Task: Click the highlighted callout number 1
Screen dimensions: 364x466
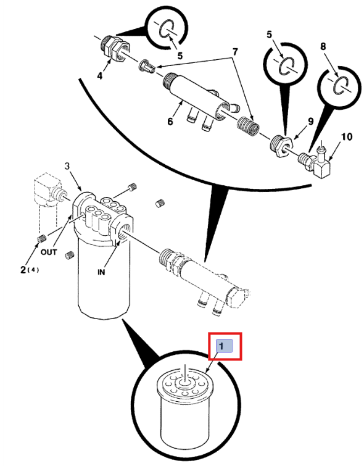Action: pos(221,346)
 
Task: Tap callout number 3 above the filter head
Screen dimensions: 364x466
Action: pos(67,166)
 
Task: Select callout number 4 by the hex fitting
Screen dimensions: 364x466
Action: pos(100,76)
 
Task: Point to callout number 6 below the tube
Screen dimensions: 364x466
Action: pos(170,122)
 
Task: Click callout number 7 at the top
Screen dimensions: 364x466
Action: pos(235,52)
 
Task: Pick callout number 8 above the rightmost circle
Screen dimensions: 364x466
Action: pos(323,46)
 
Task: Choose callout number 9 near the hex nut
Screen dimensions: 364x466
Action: pos(310,121)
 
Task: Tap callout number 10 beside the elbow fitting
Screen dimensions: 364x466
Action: pos(347,137)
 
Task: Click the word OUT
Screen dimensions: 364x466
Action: pos(49,252)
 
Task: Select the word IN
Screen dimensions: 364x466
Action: pos(101,272)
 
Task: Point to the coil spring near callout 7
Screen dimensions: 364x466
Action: pos(248,126)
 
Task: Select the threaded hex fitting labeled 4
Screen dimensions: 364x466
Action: pos(114,48)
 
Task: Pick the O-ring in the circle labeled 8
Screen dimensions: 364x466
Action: pos(342,85)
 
